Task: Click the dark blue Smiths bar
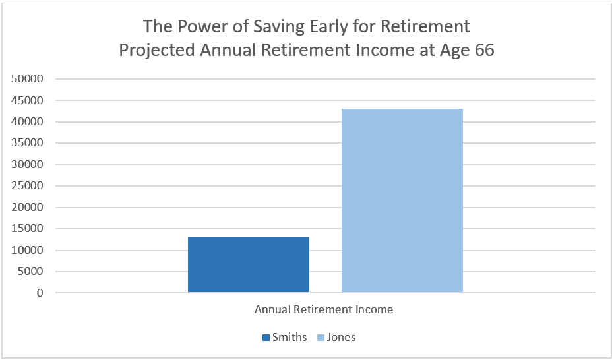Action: [249, 264]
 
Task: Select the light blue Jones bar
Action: [402, 200]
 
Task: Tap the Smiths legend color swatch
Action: [266, 338]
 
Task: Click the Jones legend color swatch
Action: [321, 338]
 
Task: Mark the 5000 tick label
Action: [30, 271]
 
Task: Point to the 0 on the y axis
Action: [40, 293]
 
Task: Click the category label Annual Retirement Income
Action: [324, 309]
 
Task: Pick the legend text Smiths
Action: [290, 338]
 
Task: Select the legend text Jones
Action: [341, 338]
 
